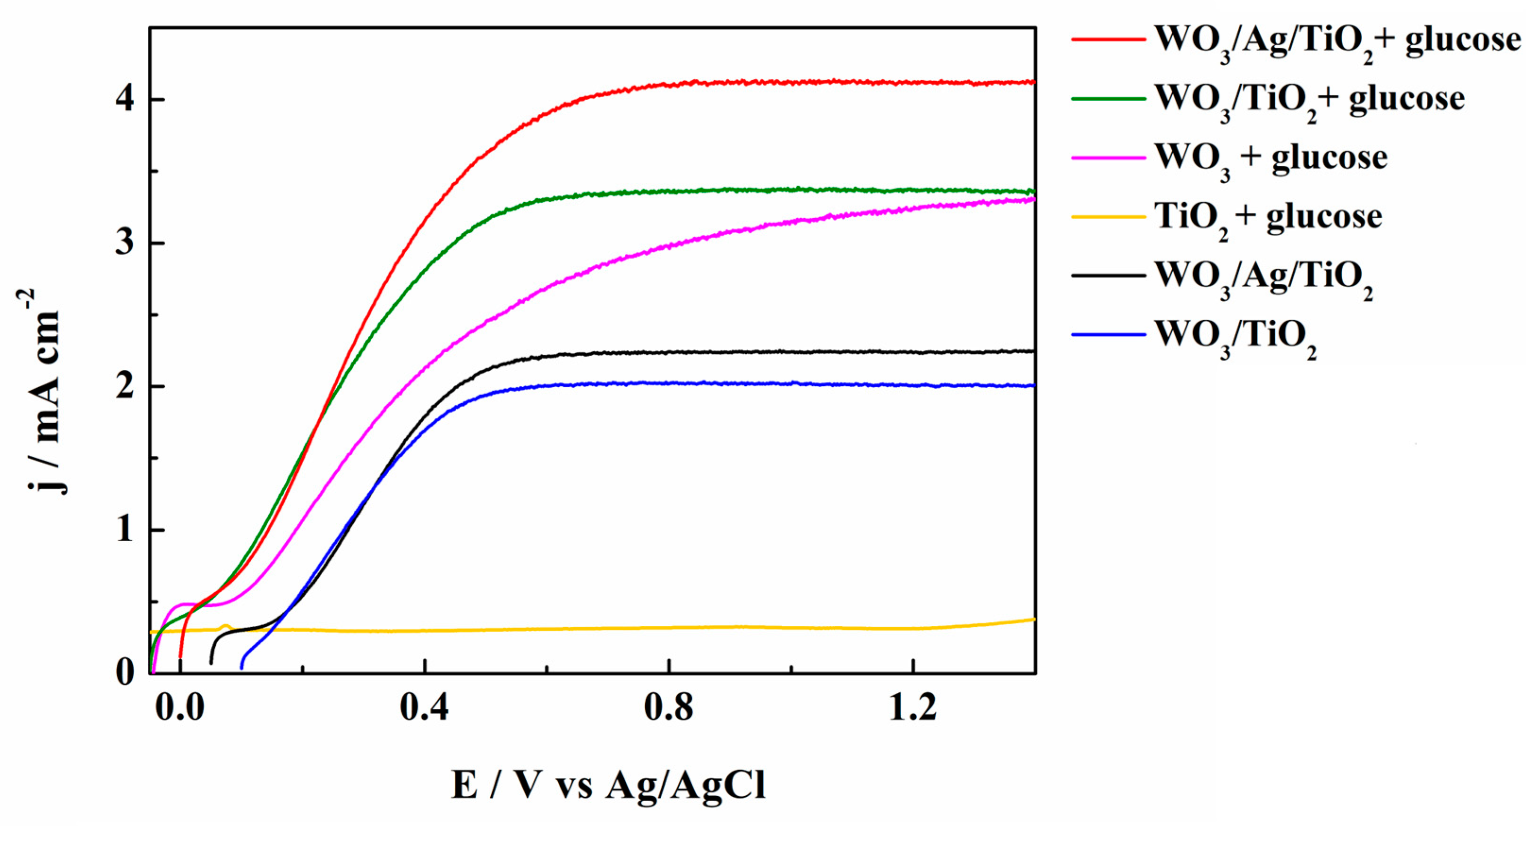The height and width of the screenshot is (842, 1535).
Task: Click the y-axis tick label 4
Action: (x=125, y=100)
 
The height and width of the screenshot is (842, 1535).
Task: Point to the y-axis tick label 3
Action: (x=125, y=243)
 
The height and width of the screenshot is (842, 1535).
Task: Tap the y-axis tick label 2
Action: (x=125, y=387)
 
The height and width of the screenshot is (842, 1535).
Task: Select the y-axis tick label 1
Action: (x=125, y=530)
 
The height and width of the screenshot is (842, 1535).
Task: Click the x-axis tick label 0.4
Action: (x=424, y=708)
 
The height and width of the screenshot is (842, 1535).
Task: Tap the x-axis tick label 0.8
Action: (x=669, y=708)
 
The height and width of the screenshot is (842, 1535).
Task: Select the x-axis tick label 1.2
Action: (x=912, y=708)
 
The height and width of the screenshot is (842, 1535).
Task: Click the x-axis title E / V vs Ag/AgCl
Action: (x=608, y=785)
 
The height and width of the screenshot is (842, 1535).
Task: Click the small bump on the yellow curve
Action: (x=225, y=626)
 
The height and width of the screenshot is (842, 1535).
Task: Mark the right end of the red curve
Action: (x=1034, y=82)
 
